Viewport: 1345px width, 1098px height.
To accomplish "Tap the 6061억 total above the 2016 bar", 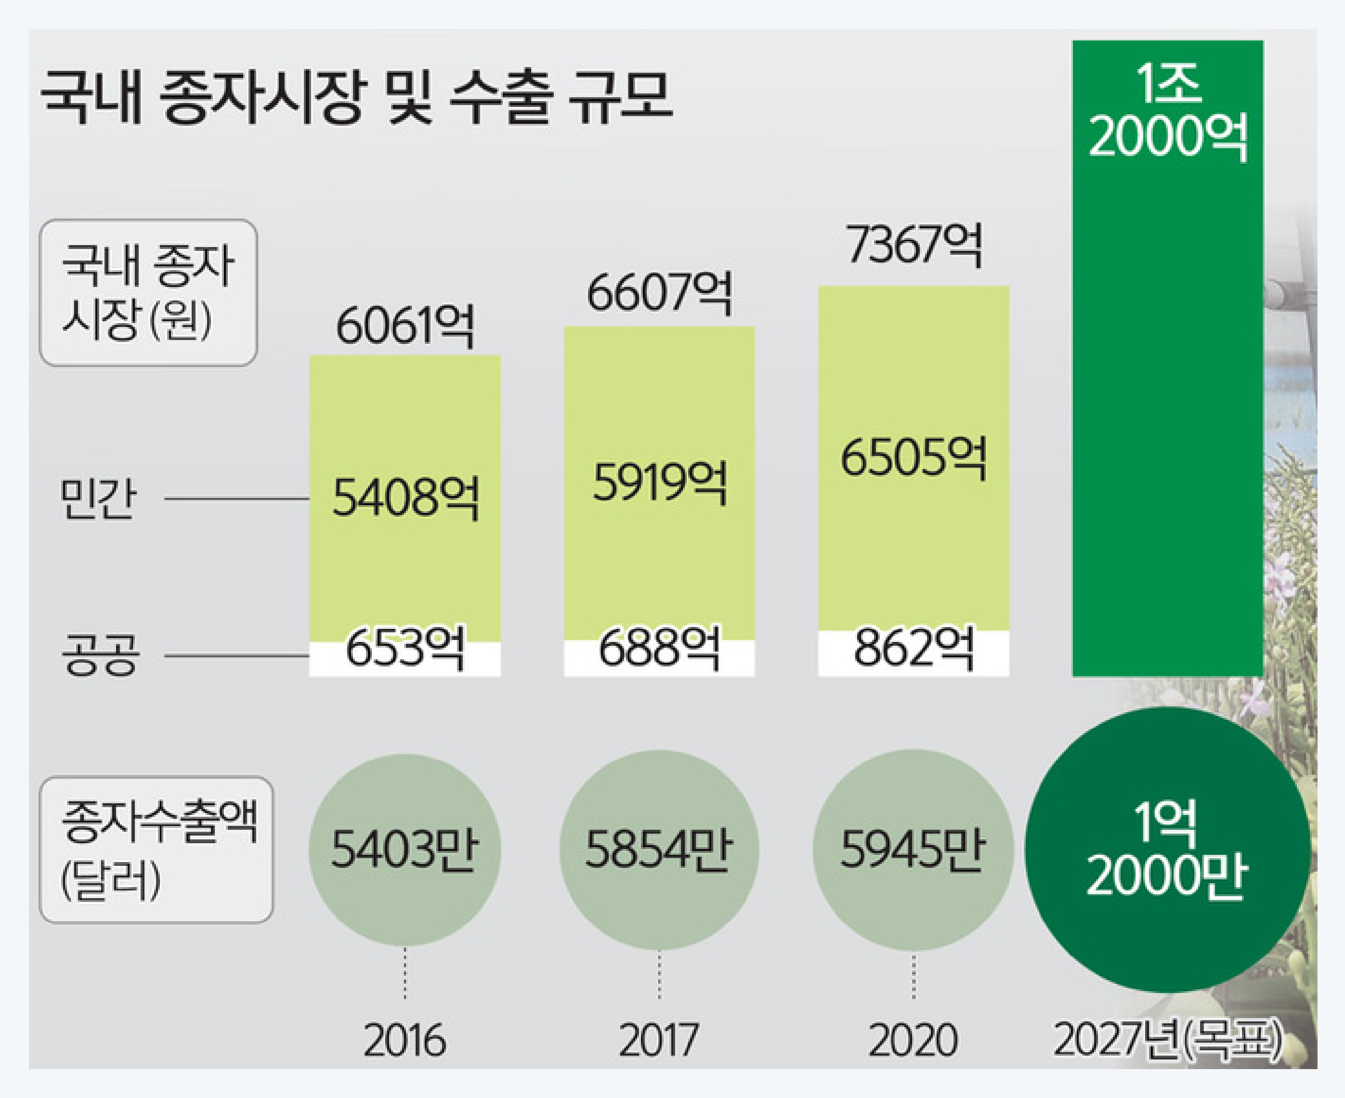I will tap(405, 327).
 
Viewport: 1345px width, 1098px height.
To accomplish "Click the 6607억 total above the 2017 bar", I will tap(659, 293).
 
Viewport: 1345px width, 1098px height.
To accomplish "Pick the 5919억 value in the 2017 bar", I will tap(659, 482).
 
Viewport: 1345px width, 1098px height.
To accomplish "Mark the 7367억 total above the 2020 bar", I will tap(914, 245).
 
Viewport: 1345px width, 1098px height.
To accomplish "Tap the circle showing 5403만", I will tap(405, 849).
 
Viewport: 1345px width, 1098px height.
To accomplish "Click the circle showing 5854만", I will tap(659, 849).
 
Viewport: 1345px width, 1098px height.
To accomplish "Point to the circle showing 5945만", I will tap(914, 849).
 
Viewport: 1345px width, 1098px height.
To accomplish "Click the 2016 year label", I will tap(405, 1040).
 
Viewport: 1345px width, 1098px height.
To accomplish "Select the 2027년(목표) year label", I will tap(1167, 1040).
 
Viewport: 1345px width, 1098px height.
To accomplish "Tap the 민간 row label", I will tap(98, 499).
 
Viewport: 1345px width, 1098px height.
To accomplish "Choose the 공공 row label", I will tap(100, 656).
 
